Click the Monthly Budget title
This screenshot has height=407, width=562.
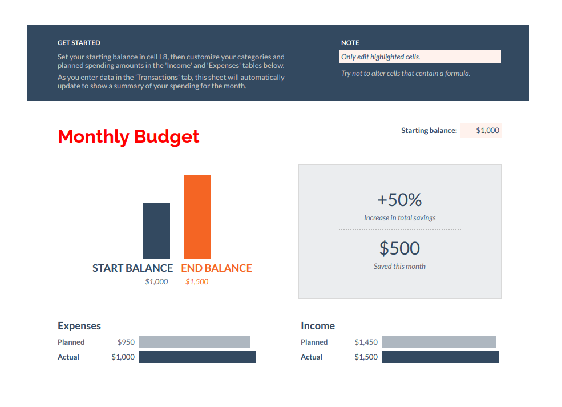tap(128, 137)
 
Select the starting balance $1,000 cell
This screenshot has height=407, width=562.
tap(481, 131)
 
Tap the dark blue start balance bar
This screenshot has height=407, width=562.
tap(156, 231)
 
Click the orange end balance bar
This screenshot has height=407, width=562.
tap(197, 217)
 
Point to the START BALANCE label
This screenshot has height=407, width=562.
tap(132, 268)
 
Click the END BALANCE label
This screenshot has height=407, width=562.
tap(216, 268)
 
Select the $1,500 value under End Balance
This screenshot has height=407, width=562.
tap(197, 282)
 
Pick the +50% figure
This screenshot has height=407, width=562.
tap(399, 200)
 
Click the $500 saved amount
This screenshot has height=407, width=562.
tap(399, 248)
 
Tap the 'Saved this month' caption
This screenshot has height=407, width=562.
tap(399, 267)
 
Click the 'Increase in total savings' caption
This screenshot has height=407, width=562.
tap(399, 218)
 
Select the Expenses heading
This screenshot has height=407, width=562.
tap(79, 326)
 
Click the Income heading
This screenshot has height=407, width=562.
tap(318, 326)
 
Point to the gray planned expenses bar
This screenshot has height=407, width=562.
tap(195, 342)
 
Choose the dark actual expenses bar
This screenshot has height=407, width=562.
tap(197, 357)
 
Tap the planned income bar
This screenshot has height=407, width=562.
tap(439, 342)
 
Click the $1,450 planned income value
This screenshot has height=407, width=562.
tap(366, 342)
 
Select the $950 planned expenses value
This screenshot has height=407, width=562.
tap(126, 342)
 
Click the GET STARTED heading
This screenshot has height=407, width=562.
tap(79, 43)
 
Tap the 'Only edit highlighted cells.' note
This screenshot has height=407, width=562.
tap(419, 57)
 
